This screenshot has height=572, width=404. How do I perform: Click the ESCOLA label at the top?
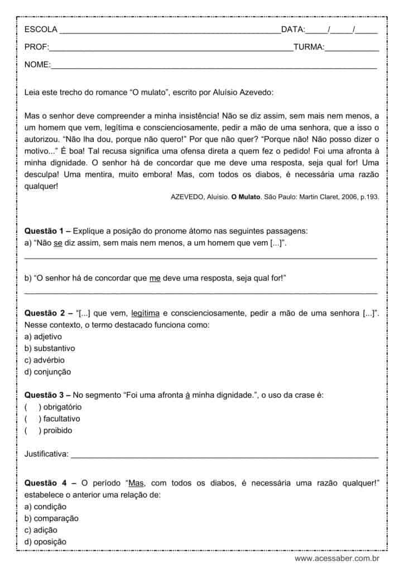(x=41, y=30)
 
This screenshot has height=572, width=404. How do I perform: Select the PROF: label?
(x=37, y=47)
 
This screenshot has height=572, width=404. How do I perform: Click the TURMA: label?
(x=309, y=47)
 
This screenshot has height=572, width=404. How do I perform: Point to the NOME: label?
(x=37, y=65)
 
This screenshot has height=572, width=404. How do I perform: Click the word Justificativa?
(x=46, y=454)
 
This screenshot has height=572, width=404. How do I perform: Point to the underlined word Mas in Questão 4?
(x=136, y=482)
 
